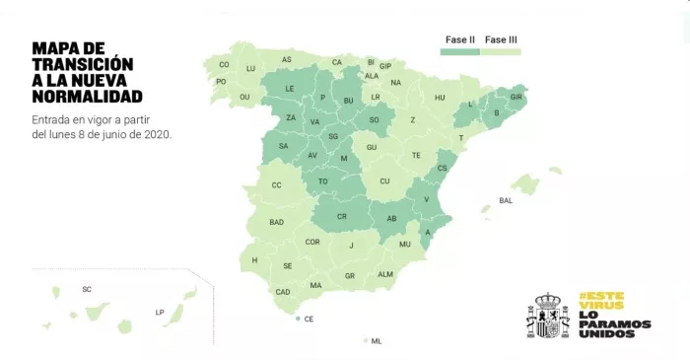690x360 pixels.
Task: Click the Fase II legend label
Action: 460,39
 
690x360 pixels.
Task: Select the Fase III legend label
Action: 502,39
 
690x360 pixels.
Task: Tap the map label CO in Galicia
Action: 224,63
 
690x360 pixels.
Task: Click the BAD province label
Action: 276,222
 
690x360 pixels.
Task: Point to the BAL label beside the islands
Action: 506,200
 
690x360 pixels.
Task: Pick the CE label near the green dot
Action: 309,320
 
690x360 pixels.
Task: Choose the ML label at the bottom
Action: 377,341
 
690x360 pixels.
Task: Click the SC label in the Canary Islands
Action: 87,289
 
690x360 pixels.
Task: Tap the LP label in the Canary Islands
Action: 160,312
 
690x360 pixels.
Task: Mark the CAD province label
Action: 283,292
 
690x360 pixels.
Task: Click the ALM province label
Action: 385,274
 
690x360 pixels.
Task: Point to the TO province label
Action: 323,181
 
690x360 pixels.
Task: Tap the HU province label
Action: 440,98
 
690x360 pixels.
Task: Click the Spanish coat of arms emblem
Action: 547,316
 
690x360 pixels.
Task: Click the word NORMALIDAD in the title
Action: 87,97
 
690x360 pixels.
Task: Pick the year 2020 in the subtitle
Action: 156,134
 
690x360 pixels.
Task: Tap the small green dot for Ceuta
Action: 298,320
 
